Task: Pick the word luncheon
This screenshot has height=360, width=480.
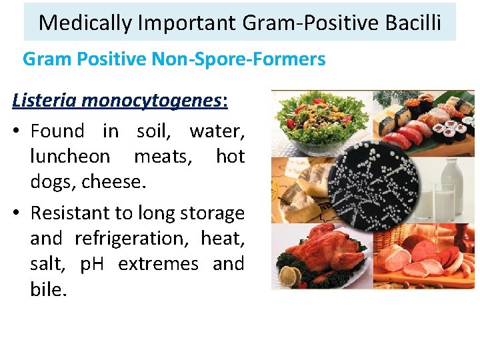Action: [x=70, y=156]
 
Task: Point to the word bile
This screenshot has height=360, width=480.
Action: [x=49, y=289]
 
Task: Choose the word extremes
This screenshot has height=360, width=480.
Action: [x=158, y=264]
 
